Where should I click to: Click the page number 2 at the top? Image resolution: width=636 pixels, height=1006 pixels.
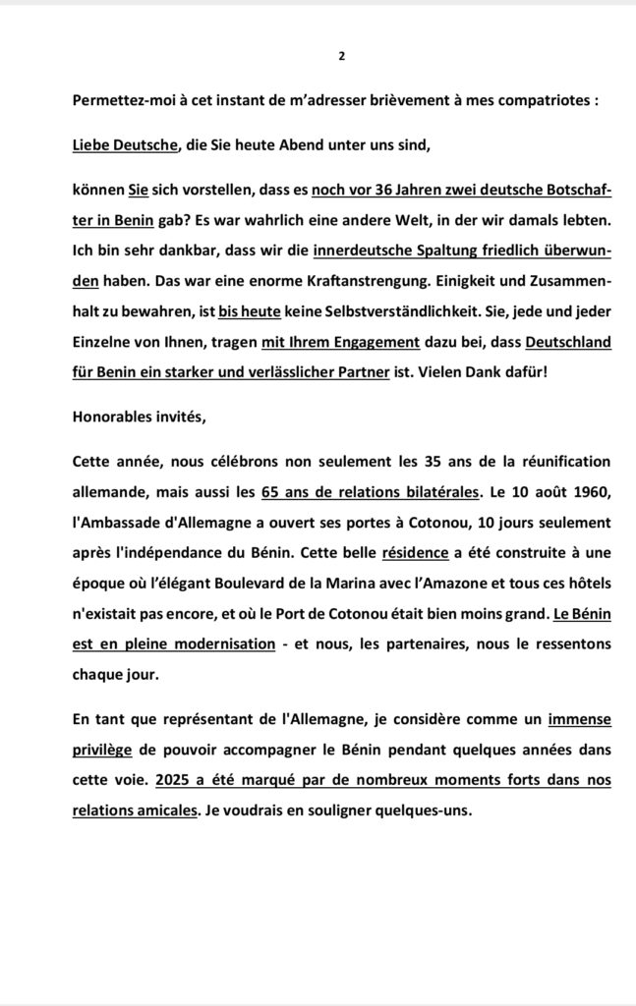pos(341,55)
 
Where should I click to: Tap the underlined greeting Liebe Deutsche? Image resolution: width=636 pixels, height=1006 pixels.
pos(125,145)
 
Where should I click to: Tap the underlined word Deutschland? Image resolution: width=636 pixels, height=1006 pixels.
pos(568,342)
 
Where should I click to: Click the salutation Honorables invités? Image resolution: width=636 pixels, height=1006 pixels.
pos(140,417)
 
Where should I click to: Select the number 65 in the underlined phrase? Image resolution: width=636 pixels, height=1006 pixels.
pos(272,492)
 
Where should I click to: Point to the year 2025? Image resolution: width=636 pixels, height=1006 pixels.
pos(172,780)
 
